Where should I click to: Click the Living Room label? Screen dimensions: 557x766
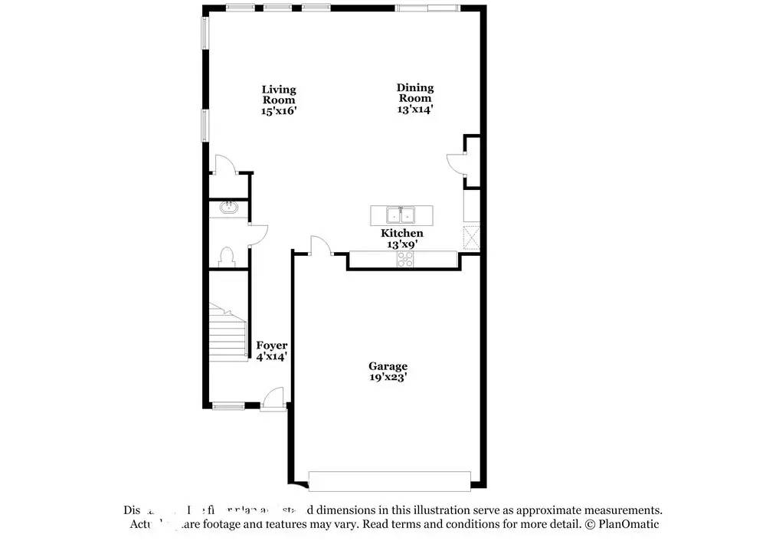tap(279, 94)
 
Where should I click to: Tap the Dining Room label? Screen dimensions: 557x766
tap(414, 93)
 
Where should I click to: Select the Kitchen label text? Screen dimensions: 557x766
tap(402, 233)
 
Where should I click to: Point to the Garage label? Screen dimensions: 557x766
tap(388, 366)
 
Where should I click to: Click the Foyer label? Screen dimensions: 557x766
tap(272, 346)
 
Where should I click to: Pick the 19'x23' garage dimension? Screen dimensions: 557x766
tap(388, 377)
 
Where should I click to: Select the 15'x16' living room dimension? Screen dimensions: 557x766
tap(279, 110)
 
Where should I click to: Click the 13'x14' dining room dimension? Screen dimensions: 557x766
tap(414, 109)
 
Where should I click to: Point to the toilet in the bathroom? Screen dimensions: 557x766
tap(227, 254)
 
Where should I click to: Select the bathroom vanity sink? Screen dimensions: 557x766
tap(228, 207)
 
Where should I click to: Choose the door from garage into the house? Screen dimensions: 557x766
tap(320, 246)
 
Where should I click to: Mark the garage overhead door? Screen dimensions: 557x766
tap(389, 480)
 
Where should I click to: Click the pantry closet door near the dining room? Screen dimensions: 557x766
tap(455, 163)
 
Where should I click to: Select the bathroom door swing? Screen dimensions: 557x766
tap(258, 234)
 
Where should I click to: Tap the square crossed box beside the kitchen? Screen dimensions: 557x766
tap(471, 238)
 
